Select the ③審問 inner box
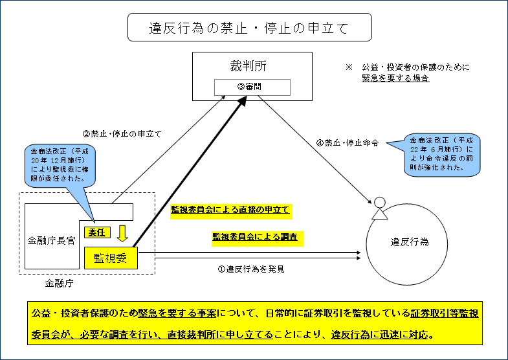point(252,87)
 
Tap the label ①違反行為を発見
point(251,267)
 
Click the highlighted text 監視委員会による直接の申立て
point(230,210)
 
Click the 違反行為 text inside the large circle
point(409,242)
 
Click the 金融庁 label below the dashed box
point(58,282)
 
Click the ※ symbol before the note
point(348,67)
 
